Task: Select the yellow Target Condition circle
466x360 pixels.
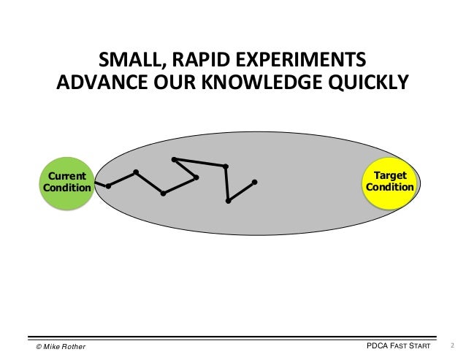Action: pyautogui.click(x=390, y=181)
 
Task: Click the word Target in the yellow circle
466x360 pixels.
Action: pyautogui.click(x=390, y=175)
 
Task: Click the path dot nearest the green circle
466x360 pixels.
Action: pyautogui.click(x=108, y=186)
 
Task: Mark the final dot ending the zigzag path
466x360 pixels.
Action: pyautogui.click(x=254, y=182)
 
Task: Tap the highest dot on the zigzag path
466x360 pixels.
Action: pyautogui.click(x=173, y=159)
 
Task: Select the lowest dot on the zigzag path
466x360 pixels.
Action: pyautogui.click(x=229, y=201)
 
